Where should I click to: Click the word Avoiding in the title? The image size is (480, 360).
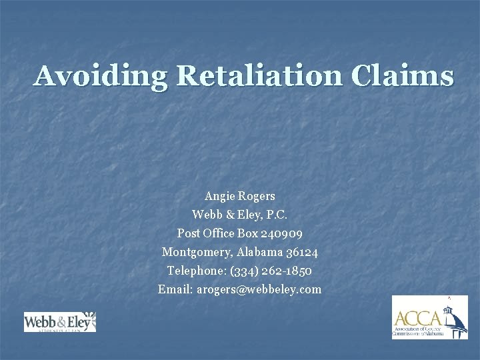(100, 76)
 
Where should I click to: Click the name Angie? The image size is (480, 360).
(219, 197)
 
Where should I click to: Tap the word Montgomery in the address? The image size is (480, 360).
(194, 253)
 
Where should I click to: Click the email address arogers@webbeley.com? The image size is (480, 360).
(259, 289)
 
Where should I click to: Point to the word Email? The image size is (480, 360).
(175, 289)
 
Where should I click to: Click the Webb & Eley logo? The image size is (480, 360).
(60, 322)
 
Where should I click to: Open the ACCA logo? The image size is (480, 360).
(429, 317)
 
